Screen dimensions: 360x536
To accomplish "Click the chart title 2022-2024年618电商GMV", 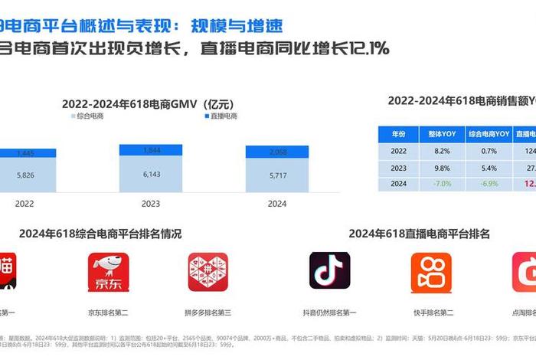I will [158, 104].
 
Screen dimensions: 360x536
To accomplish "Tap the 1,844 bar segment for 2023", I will [151, 151].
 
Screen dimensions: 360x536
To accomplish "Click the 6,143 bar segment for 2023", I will [151, 175].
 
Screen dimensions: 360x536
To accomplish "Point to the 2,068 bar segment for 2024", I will [276, 152].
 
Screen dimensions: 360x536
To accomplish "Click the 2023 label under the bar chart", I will [151, 204].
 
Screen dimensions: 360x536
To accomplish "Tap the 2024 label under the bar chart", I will [276, 204].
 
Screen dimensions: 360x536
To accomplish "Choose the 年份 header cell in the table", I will [399, 133].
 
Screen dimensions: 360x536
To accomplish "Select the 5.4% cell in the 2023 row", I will [489, 168].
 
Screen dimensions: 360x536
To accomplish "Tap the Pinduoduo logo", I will [208, 273].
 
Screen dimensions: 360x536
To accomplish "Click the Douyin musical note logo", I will [330, 271].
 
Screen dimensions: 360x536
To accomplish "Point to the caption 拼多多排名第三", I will [208, 313].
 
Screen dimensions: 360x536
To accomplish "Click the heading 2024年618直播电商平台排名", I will [420, 234].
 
